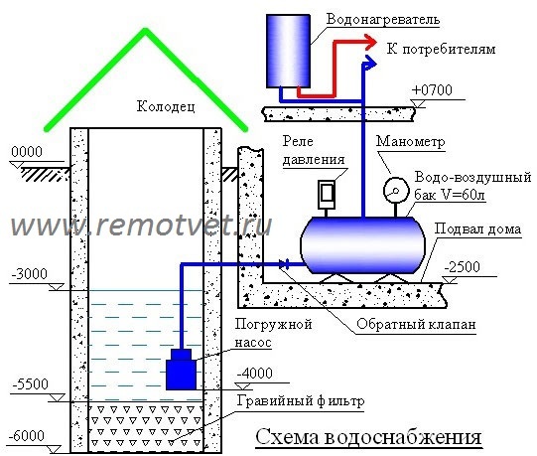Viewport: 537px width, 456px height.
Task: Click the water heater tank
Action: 289,51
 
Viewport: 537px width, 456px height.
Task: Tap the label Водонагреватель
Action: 382,19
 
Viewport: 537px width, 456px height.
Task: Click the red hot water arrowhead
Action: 370,42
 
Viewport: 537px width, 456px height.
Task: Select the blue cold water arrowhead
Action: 370,63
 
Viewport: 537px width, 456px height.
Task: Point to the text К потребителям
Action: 441,49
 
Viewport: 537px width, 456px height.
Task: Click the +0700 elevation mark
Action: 432,89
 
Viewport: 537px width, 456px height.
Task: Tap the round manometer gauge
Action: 396,191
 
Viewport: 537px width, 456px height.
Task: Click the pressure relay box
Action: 327,195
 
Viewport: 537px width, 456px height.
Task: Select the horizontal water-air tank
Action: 362,244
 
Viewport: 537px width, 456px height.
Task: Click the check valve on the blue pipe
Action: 284,264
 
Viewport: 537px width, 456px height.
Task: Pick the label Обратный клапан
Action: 416,324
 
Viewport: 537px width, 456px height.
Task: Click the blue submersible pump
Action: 181,370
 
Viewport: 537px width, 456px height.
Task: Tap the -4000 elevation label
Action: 254,373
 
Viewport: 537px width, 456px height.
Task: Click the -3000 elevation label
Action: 29,274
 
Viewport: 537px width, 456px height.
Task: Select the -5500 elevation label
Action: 30,384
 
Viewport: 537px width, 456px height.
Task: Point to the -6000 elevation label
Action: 27,436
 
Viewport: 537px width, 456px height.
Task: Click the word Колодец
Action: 166,106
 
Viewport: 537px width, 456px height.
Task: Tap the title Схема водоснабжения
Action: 368,437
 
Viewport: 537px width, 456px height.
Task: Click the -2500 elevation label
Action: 462,266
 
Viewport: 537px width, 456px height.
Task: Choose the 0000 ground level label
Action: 27,152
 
